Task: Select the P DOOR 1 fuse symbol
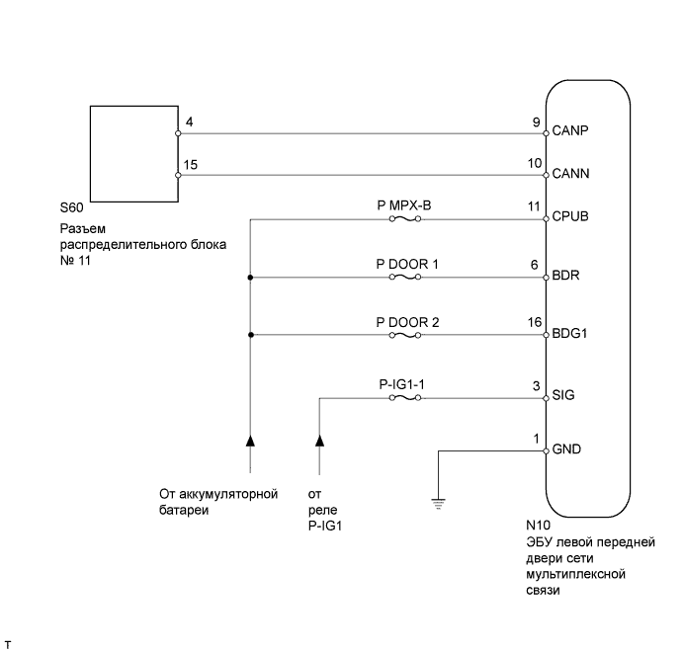click(x=404, y=278)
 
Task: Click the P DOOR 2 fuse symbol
click(x=404, y=335)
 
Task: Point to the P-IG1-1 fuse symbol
click(x=404, y=398)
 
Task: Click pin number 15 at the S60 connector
click(x=191, y=165)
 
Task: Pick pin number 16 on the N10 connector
click(x=535, y=323)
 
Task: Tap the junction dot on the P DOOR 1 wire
click(x=251, y=278)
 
